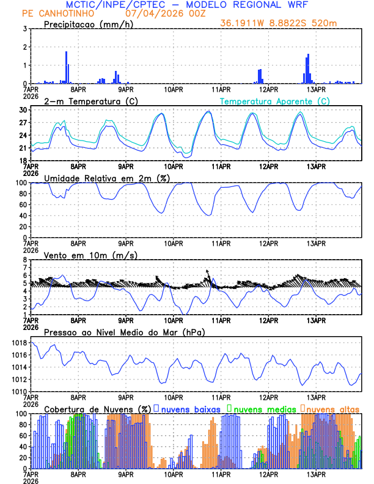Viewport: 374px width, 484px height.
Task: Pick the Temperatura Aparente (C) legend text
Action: (x=274, y=101)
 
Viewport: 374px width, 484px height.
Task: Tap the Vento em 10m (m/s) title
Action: (x=90, y=255)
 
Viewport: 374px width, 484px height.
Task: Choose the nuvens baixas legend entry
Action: (x=188, y=408)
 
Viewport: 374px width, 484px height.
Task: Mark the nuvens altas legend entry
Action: (x=332, y=408)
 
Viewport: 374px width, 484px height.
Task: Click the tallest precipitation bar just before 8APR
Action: (x=66, y=67)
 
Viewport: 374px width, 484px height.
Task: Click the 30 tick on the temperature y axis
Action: (x=22, y=110)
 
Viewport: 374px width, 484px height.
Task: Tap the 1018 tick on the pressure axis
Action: (x=18, y=343)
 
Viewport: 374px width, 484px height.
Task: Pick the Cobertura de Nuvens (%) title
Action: (x=98, y=408)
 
